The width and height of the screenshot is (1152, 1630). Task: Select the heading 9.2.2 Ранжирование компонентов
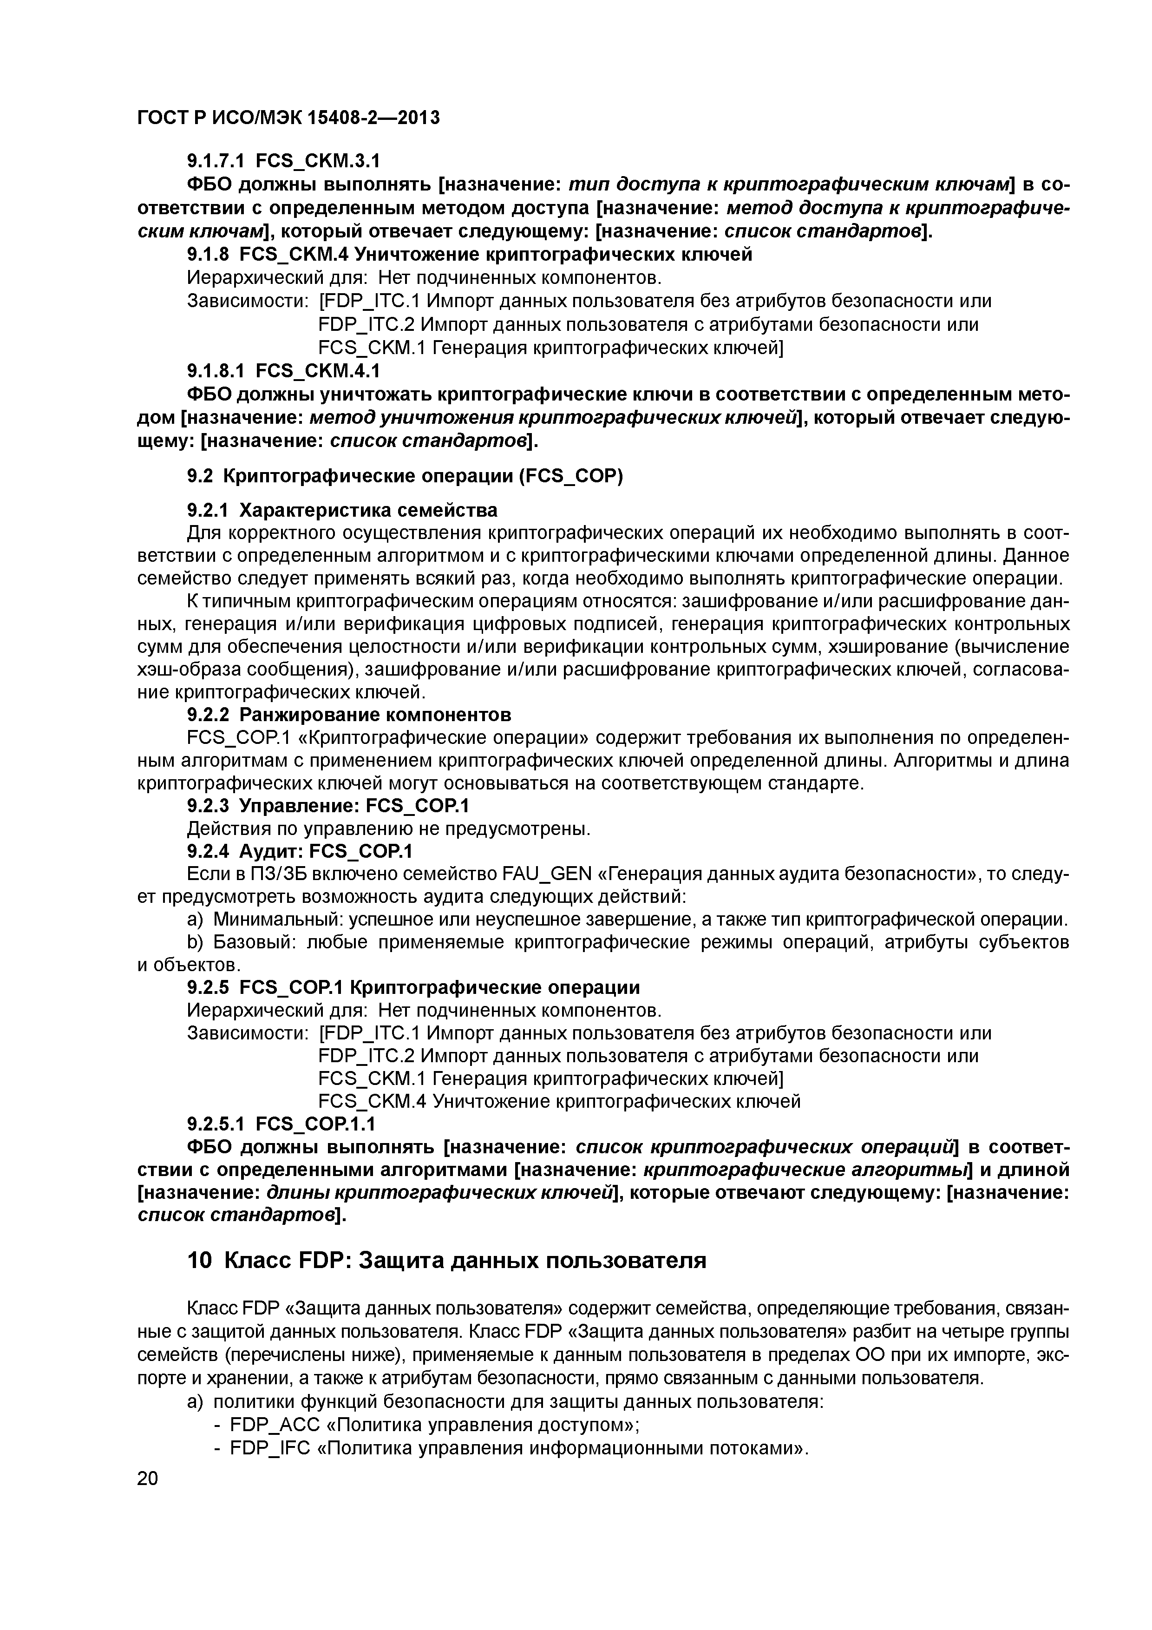(348, 714)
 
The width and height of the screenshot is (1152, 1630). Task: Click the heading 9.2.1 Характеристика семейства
(342, 511)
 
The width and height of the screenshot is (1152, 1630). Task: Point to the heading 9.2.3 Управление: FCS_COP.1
(328, 806)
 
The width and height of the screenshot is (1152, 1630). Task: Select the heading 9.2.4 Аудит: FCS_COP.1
(300, 850)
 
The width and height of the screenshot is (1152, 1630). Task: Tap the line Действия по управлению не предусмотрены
(389, 828)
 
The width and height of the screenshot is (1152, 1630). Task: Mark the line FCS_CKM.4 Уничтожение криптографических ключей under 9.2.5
(559, 1101)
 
